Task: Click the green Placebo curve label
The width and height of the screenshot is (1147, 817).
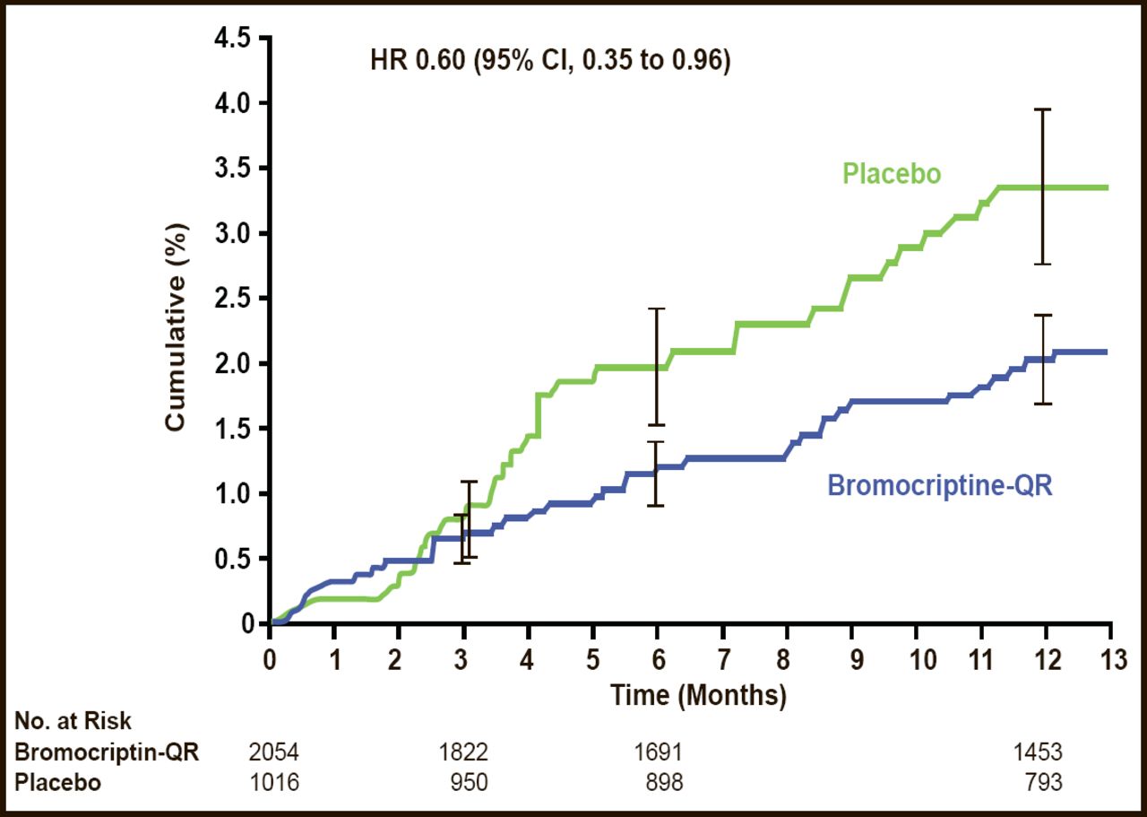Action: [x=892, y=173]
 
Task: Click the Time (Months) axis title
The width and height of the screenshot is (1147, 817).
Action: [x=699, y=693]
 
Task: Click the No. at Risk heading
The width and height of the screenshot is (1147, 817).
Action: [x=73, y=720]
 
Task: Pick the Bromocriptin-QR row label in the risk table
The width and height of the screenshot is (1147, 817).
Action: [x=107, y=752]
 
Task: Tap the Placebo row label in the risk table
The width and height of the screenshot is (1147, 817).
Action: [x=58, y=782]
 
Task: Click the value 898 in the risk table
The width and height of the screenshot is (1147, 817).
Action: [x=663, y=782]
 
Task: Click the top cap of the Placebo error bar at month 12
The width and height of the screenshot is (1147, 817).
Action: [x=1042, y=109]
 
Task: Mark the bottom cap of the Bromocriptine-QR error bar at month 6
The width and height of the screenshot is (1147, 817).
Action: [x=656, y=506]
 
